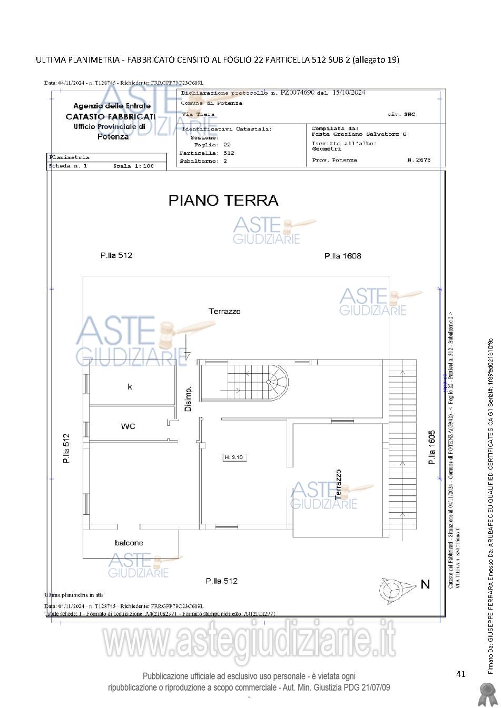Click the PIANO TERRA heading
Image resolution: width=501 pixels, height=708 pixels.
[x=223, y=201]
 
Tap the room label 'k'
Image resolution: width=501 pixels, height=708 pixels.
[x=130, y=387]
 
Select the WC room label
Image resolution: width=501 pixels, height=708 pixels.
[x=128, y=426]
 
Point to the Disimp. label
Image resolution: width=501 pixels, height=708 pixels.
[x=188, y=398]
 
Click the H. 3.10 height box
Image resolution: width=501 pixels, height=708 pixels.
[x=233, y=457]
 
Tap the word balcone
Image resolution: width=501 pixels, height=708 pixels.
[x=129, y=543]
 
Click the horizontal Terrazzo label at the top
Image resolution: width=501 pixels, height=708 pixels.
[x=224, y=311]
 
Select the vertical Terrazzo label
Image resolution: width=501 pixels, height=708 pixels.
[x=338, y=485]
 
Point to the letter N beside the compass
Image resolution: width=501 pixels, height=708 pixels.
[x=425, y=584]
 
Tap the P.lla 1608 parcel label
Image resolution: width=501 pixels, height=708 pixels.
[x=342, y=256]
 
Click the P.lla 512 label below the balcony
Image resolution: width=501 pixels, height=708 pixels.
[x=221, y=581]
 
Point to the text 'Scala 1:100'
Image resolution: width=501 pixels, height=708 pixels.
[x=133, y=166]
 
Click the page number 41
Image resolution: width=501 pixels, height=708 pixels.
[x=461, y=674]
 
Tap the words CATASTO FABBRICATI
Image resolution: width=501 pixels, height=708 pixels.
[x=111, y=116]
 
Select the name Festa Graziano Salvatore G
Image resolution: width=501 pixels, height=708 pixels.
[x=359, y=134]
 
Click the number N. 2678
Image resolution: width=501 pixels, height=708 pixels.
[x=419, y=159]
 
